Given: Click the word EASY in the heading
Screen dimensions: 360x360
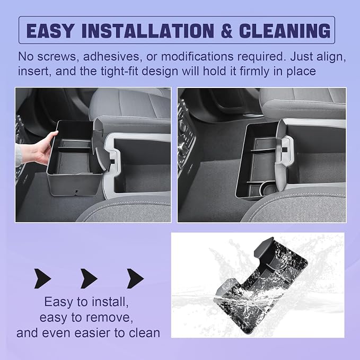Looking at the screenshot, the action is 50,30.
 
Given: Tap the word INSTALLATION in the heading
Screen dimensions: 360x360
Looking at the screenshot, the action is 148,30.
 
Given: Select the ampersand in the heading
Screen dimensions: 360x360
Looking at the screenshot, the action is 226,30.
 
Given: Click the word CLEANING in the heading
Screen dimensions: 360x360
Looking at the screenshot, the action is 285,30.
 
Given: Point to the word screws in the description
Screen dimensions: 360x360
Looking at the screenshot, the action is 57,57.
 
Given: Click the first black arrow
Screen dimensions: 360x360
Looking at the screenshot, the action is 42,278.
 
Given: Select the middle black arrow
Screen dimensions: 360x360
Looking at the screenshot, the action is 89,278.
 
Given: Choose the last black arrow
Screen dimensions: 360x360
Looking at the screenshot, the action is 135,278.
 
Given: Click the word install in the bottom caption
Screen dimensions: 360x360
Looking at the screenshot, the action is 108,302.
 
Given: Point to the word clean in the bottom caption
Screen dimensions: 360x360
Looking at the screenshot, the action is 144,333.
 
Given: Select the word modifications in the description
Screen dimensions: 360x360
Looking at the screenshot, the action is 197,57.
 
